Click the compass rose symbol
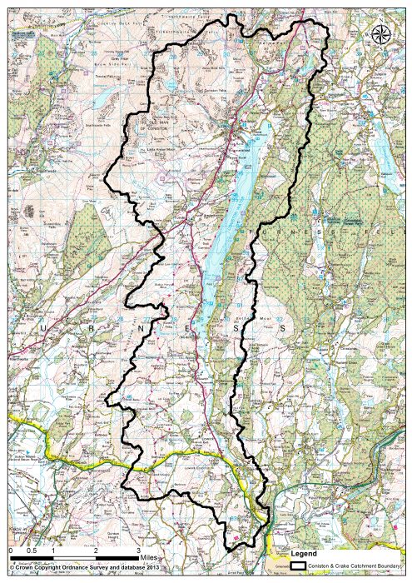[x=382, y=34]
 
